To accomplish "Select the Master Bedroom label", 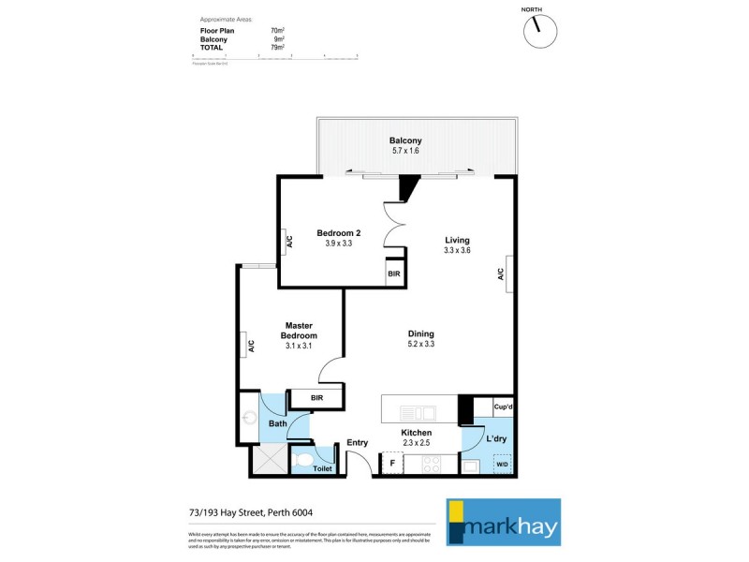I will click(x=301, y=331).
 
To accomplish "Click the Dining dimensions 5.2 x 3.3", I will click(x=420, y=345).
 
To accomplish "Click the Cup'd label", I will click(x=502, y=407).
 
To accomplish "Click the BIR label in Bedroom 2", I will click(x=394, y=274).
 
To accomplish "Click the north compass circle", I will click(x=540, y=28).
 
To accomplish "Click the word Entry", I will click(x=358, y=443).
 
